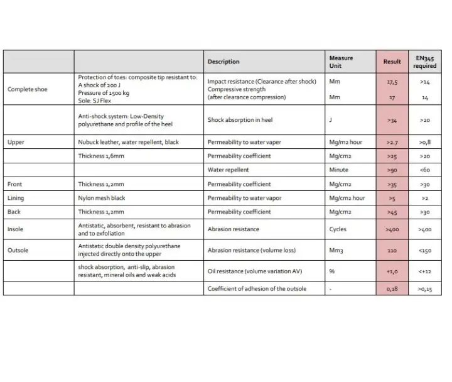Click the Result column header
pyautogui.click(x=392, y=62)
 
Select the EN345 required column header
pyautogui.click(x=424, y=62)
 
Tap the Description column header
pyautogui.click(x=223, y=62)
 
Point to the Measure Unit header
pyautogui.click(x=341, y=62)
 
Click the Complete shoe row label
pyautogui.click(x=27, y=89)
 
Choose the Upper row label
pyautogui.click(x=16, y=143)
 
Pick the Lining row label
pyautogui.click(x=16, y=198)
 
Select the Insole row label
pyautogui.click(x=16, y=229)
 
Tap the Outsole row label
pyautogui.click(x=19, y=250)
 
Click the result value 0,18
pyautogui.click(x=392, y=288)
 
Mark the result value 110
pyautogui.click(x=392, y=250)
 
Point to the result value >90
pyautogui.click(x=392, y=170)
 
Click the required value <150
pyautogui.click(x=424, y=250)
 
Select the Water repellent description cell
pyautogui.click(x=228, y=170)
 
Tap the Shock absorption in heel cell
pyautogui.click(x=240, y=119)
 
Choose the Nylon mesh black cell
pyautogui.click(x=102, y=198)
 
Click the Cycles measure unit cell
pyautogui.click(x=338, y=229)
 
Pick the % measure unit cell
pyautogui.click(x=332, y=271)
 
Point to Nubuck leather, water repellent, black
pyautogui.click(x=128, y=143)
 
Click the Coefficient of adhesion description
pyautogui.click(x=257, y=288)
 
